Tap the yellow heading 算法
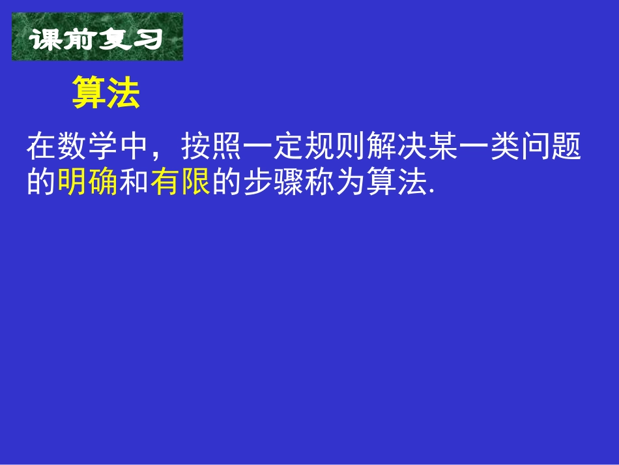pos(106,93)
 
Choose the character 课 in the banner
pos(46,39)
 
